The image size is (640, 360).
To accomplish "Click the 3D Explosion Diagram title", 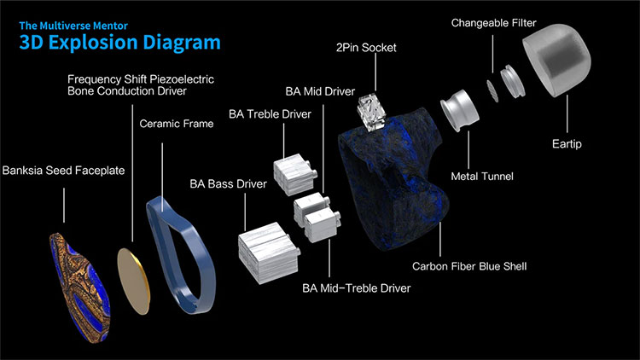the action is (x=119, y=43).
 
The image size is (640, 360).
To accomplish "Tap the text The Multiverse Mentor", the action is (x=73, y=26).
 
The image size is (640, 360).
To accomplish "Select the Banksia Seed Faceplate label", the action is (x=63, y=171).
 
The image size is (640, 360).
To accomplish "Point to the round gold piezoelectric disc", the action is (x=133, y=281).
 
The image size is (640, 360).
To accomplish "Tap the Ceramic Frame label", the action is (x=177, y=124).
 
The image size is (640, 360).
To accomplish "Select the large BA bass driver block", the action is (x=269, y=253).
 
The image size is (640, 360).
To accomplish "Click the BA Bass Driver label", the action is (x=228, y=184).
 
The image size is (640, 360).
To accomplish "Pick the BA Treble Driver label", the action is (x=270, y=113).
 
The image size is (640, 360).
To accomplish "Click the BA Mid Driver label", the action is (x=320, y=91).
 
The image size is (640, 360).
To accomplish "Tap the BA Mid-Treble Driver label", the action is (x=357, y=288).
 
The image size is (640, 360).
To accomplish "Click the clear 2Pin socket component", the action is (x=371, y=112).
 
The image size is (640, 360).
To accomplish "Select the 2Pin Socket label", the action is (x=366, y=48).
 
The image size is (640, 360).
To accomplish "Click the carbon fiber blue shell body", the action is (x=392, y=180).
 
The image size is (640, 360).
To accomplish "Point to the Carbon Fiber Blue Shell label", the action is (x=469, y=266).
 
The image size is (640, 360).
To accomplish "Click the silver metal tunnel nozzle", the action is (x=460, y=110).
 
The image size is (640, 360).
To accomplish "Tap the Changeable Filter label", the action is (x=493, y=23).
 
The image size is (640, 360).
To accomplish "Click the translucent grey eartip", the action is (x=556, y=60).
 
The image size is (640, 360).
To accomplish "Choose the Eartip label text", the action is (x=567, y=143).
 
